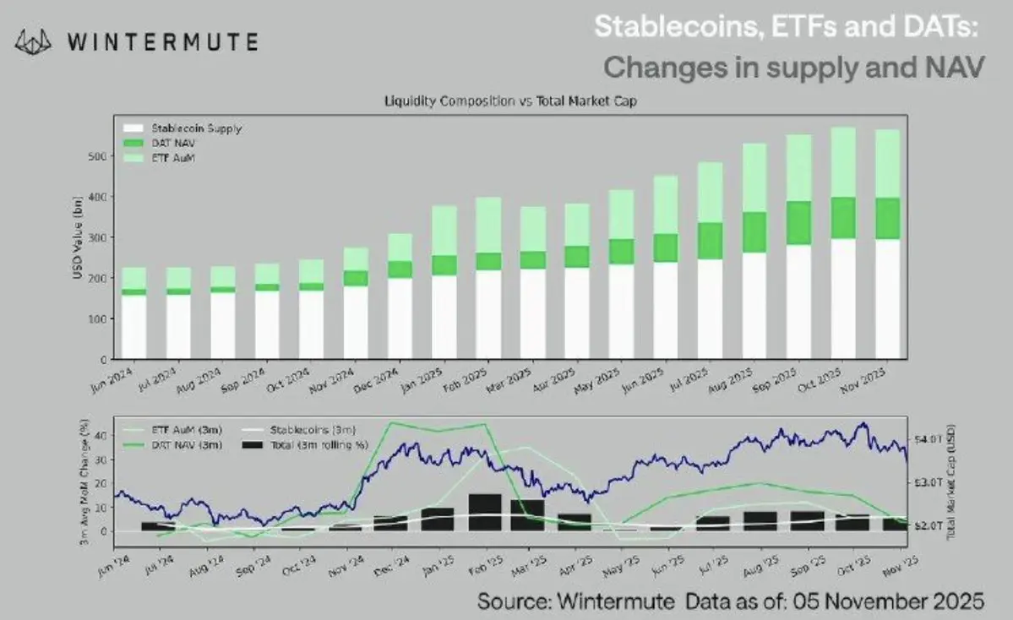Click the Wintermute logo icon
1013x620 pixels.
[35, 41]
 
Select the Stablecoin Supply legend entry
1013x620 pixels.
[195, 129]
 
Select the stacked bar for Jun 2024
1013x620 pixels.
[133, 313]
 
